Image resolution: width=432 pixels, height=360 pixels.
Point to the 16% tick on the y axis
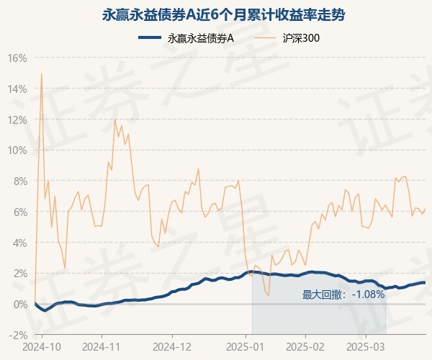click(x=18, y=58)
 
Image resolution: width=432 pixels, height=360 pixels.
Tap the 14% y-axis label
click(x=18, y=89)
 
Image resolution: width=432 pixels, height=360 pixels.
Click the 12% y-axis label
click(x=18, y=120)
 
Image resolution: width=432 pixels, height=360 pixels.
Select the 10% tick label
click(x=18, y=150)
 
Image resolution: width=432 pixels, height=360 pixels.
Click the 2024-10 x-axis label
click(x=42, y=346)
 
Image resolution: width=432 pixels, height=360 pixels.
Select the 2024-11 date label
click(x=102, y=346)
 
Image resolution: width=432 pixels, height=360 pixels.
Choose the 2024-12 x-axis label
click(x=173, y=346)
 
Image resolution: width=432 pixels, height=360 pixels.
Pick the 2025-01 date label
click(x=246, y=346)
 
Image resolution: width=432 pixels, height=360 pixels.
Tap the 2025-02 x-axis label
click(x=306, y=346)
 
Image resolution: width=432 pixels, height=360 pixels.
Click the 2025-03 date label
click(x=366, y=346)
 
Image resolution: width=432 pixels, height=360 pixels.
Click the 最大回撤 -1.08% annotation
click(x=343, y=294)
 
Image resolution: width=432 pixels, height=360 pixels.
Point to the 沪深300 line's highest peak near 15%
click(x=41, y=73)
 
